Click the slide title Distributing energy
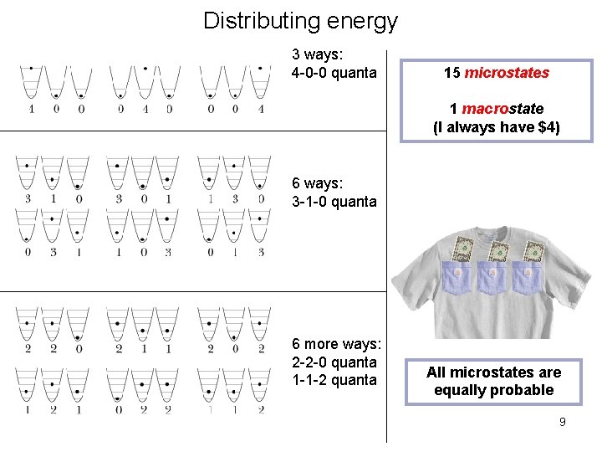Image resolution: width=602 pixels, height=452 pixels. [300, 20]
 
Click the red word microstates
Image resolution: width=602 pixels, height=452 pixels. [507, 74]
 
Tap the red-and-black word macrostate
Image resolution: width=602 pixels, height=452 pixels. [503, 109]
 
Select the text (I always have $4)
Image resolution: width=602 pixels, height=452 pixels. [496, 127]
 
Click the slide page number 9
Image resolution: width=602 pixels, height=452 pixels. [562, 422]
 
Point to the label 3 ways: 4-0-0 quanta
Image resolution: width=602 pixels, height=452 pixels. [334, 64]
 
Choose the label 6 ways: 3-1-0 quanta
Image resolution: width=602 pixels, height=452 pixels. [334, 193]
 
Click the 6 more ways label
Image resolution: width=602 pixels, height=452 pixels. [335, 344]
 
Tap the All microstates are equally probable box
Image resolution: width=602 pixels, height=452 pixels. [493, 381]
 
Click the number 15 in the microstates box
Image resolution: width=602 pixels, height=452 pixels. [451, 74]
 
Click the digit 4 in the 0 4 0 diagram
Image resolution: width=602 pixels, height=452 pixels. [145, 109]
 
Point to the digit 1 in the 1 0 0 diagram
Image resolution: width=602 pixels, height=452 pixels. [31, 109]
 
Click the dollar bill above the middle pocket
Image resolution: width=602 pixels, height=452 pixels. [498, 250]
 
